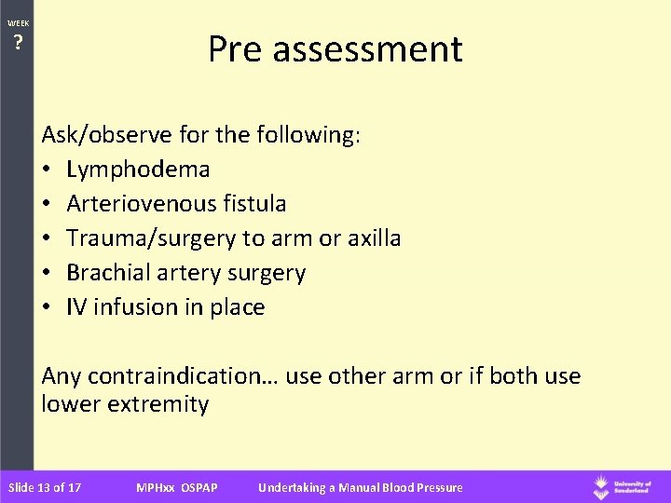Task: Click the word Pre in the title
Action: click(x=235, y=48)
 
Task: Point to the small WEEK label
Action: click(x=18, y=22)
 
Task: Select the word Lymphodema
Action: click(x=138, y=170)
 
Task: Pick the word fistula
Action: click(x=255, y=203)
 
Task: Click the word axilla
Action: click(x=372, y=238)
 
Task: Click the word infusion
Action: click(x=132, y=306)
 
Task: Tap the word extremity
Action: click(x=158, y=404)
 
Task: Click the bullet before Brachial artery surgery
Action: click(x=48, y=273)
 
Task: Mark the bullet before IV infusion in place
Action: click(x=48, y=307)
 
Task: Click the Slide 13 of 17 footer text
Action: click(x=44, y=487)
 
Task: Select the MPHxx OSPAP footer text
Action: click(x=176, y=487)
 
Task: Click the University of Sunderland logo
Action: click(x=626, y=486)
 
